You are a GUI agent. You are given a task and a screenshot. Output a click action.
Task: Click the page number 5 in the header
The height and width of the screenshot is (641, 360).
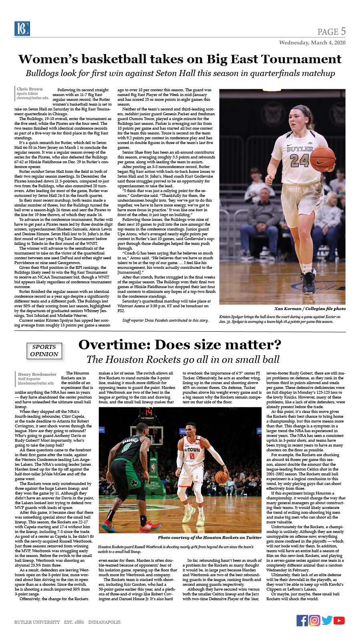pos(343,31)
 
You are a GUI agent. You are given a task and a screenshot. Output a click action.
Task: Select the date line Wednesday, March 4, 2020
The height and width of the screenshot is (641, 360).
pos(312,42)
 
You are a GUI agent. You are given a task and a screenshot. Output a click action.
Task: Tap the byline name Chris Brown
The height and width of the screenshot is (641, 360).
pos(30,89)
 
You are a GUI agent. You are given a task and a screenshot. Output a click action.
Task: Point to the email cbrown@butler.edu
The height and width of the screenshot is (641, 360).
pos(32,98)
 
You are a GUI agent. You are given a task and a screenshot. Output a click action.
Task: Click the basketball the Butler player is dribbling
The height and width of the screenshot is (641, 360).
pos(322,157)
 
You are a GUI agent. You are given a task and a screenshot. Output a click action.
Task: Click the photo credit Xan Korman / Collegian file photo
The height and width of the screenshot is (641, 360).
pos(310,308)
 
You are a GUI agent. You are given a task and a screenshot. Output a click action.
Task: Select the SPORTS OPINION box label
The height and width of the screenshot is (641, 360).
pos(44,351)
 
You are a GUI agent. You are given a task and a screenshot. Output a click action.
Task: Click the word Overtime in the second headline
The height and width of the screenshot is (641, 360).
pos(114,345)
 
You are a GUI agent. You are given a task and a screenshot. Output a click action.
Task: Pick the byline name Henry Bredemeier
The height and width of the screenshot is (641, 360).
pos(37,374)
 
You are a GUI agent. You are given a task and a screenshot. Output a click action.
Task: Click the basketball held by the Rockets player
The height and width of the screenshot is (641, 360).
pos(222,477)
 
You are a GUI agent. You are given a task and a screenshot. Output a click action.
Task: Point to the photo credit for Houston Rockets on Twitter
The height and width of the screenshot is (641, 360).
pos(210,537)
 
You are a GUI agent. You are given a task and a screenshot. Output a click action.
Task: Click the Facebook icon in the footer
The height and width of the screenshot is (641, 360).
pos(302,620)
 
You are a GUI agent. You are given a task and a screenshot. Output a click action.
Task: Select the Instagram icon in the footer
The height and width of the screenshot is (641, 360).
pos(314,620)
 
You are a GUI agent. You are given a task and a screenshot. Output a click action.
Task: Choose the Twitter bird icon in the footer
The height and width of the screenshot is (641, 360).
pos(327,620)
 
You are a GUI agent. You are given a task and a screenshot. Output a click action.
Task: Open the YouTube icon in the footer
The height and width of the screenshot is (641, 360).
pos(339,620)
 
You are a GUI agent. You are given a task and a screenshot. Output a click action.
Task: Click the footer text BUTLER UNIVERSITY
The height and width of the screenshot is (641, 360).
pos(37,622)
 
